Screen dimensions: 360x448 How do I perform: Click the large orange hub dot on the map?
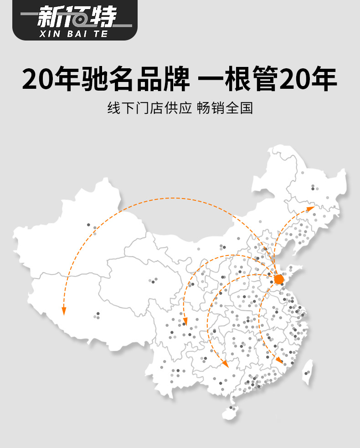click(x=279, y=279)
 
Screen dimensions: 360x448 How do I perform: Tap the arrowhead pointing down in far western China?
click(x=64, y=311)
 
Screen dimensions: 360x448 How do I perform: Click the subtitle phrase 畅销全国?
click(x=225, y=109)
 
